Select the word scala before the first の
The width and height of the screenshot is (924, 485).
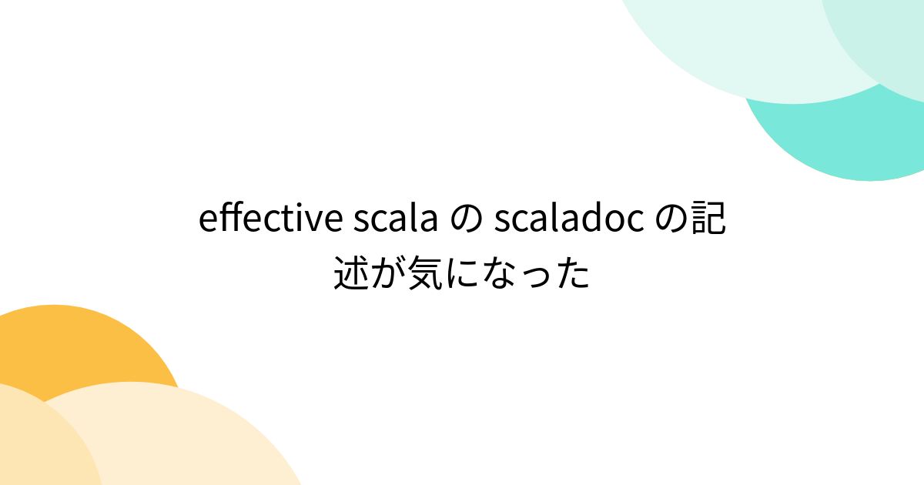point(394,221)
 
